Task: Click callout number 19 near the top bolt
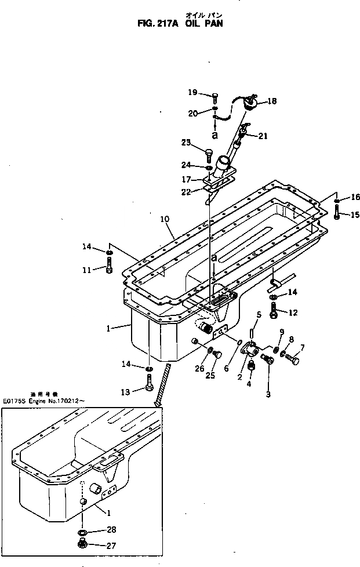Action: tap(192, 92)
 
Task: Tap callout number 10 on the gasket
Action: tap(165, 219)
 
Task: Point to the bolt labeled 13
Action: tap(150, 383)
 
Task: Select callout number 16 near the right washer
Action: tap(355, 198)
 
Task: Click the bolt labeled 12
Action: tap(273, 312)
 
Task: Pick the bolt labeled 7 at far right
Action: tap(292, 359)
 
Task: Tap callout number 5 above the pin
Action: tap(259, 315)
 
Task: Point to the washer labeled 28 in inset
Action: tap(82, 532)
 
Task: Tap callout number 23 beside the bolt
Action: tap(186, 142)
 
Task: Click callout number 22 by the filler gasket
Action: tap(185, 192)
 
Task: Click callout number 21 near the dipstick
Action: tap(263, 136)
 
